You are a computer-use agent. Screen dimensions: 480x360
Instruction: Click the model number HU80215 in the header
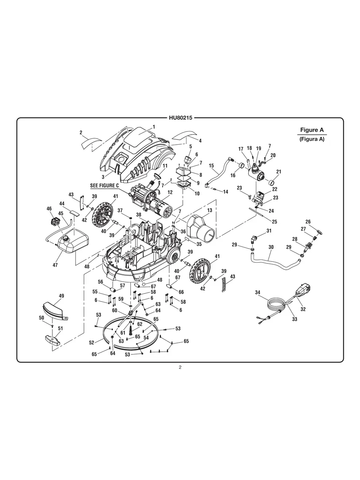pos(180,118)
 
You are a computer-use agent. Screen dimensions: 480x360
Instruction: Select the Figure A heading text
pos(312,130)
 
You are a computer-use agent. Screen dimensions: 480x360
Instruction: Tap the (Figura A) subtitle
pos(312,139)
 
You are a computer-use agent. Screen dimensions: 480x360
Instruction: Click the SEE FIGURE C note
pos(105,186)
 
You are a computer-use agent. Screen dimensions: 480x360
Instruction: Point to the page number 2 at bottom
pos(180,367)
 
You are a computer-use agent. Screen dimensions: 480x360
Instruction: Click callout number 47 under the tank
pos(56,265)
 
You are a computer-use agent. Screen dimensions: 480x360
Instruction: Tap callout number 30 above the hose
pos(271,247)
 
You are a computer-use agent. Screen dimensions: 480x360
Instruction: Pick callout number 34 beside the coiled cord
pos(257,293)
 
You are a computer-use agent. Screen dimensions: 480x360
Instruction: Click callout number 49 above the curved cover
pos(61,296)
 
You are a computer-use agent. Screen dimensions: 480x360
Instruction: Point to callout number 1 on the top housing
pos(153,127)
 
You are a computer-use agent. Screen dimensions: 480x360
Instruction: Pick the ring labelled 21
pos(271,183)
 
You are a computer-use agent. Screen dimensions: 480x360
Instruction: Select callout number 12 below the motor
pos(170,192)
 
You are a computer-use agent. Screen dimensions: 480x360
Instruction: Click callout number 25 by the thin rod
pos(274,222)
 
